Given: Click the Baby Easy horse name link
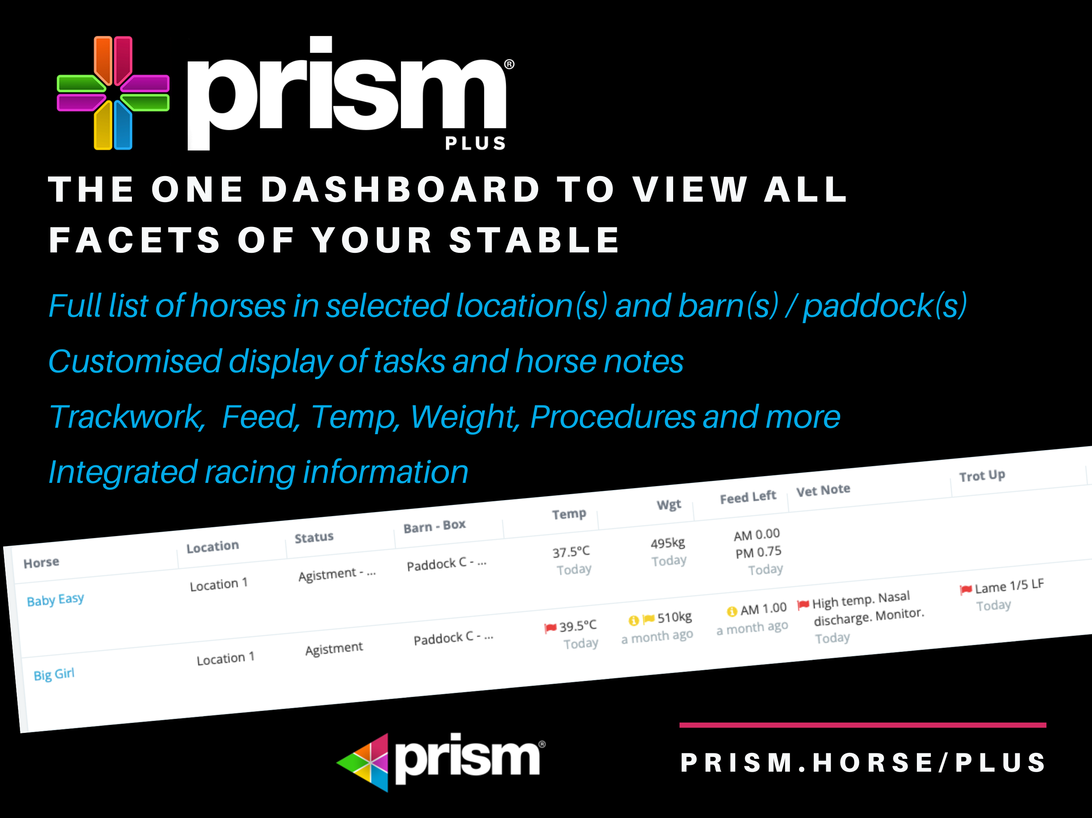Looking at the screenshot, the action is pyautogui.click(x=55, y=600).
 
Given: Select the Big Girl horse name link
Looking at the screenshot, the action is pyautogui.click(x=54, y=674).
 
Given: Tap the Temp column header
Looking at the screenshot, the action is pyautogui.click(x=569, y=514).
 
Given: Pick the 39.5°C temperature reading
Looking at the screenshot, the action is pyautogui.click(x=578, y=626).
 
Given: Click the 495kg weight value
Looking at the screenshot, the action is pyautogui.click(x=668, y=543).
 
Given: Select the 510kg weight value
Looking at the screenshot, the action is pyautogui.click(x=674, y=617).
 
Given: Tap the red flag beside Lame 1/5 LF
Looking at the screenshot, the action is pyautogui.click(x=966, y=590).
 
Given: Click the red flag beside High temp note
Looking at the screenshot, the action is pyautogui.click(x=803, y=604).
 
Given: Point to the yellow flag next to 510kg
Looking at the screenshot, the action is pyautogui.click(x=648, y=619).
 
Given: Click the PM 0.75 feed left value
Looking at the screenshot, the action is pyautogui.click(x=758, y=552).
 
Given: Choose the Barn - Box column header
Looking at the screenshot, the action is pyautogui.click(x=434, y=526).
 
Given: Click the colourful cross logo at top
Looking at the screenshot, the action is pyautogui.click(x=113, y=93).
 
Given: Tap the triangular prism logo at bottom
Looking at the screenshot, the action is pyautogui.click(x=363, y=762).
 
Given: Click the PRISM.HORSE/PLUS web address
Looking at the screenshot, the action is pyautogui.click(x=863, y=763).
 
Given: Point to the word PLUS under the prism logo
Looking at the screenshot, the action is pyautogui.click(x=475, y=143).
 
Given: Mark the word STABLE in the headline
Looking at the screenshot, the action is pyautogui.click(x=534, y=240).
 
